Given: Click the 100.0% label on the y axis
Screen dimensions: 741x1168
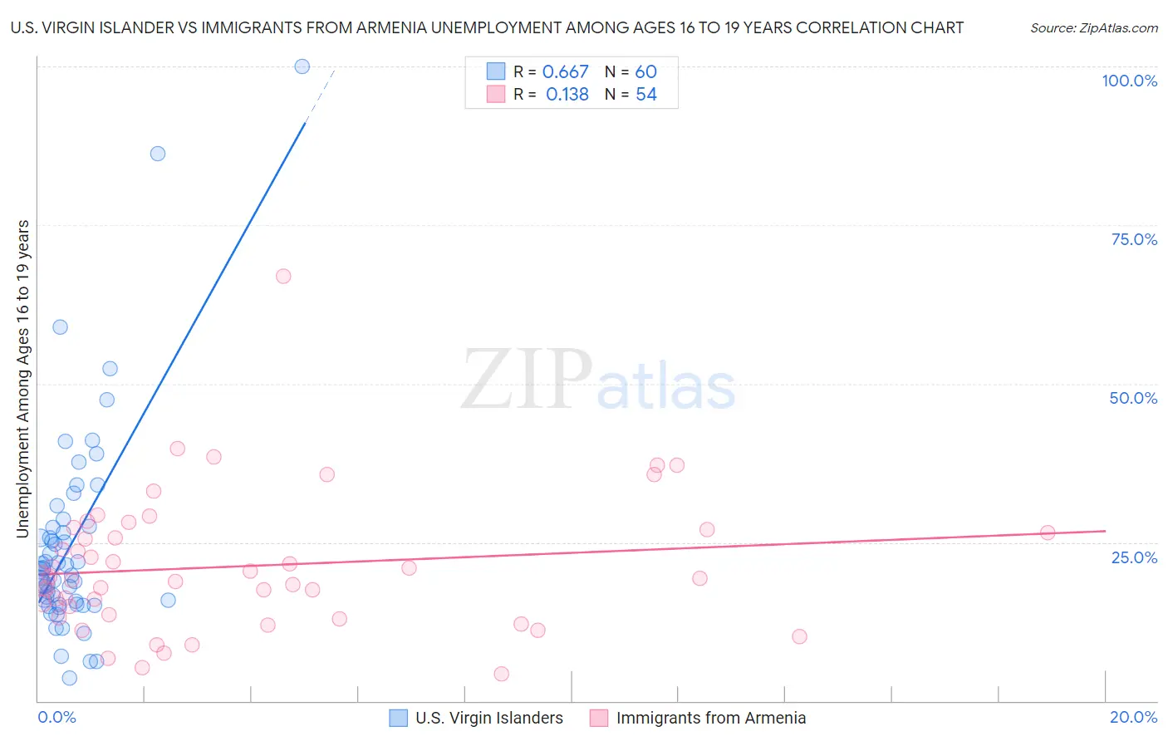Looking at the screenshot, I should click(x=1129, y=81).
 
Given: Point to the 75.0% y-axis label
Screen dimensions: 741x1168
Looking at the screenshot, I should click(x=1134, y=239).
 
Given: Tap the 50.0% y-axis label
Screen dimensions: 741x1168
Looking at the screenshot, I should click(x=1133, y=398).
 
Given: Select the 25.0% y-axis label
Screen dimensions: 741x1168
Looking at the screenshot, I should click(x=1134, y=557).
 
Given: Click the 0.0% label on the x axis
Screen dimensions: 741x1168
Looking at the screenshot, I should click(x=56, y=717).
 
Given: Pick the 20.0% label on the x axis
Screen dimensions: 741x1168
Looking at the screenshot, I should click(x=1133, y=717).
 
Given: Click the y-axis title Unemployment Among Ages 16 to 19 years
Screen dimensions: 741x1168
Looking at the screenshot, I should click(x=23, y=379).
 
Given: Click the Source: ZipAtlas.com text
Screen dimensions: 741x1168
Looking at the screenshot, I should click(x=1093, y=28).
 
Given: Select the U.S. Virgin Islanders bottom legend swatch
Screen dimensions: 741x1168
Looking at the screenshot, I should click(x=399, y=718).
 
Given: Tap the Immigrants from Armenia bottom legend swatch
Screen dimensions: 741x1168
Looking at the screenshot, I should click(x=599, y=718).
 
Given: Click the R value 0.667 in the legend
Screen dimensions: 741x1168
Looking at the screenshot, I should click(x=565, y=72).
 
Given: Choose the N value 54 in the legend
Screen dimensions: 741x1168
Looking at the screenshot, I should click(x=646, y=95).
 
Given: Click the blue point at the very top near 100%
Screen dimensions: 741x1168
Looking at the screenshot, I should click(x=302, y=66).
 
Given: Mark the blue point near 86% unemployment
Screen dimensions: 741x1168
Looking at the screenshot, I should click(x=158, y=154).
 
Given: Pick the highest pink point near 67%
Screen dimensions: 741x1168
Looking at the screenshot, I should click(x=283, y=277).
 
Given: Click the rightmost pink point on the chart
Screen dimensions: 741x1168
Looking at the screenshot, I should click(x=1048, y=532).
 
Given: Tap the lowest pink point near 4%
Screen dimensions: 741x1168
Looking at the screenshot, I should click(x=501, y=674).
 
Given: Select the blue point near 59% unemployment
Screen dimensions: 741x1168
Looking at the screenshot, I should click(x=60, y=327).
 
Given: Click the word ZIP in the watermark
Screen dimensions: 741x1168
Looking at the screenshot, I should click(x=526, y=380).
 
